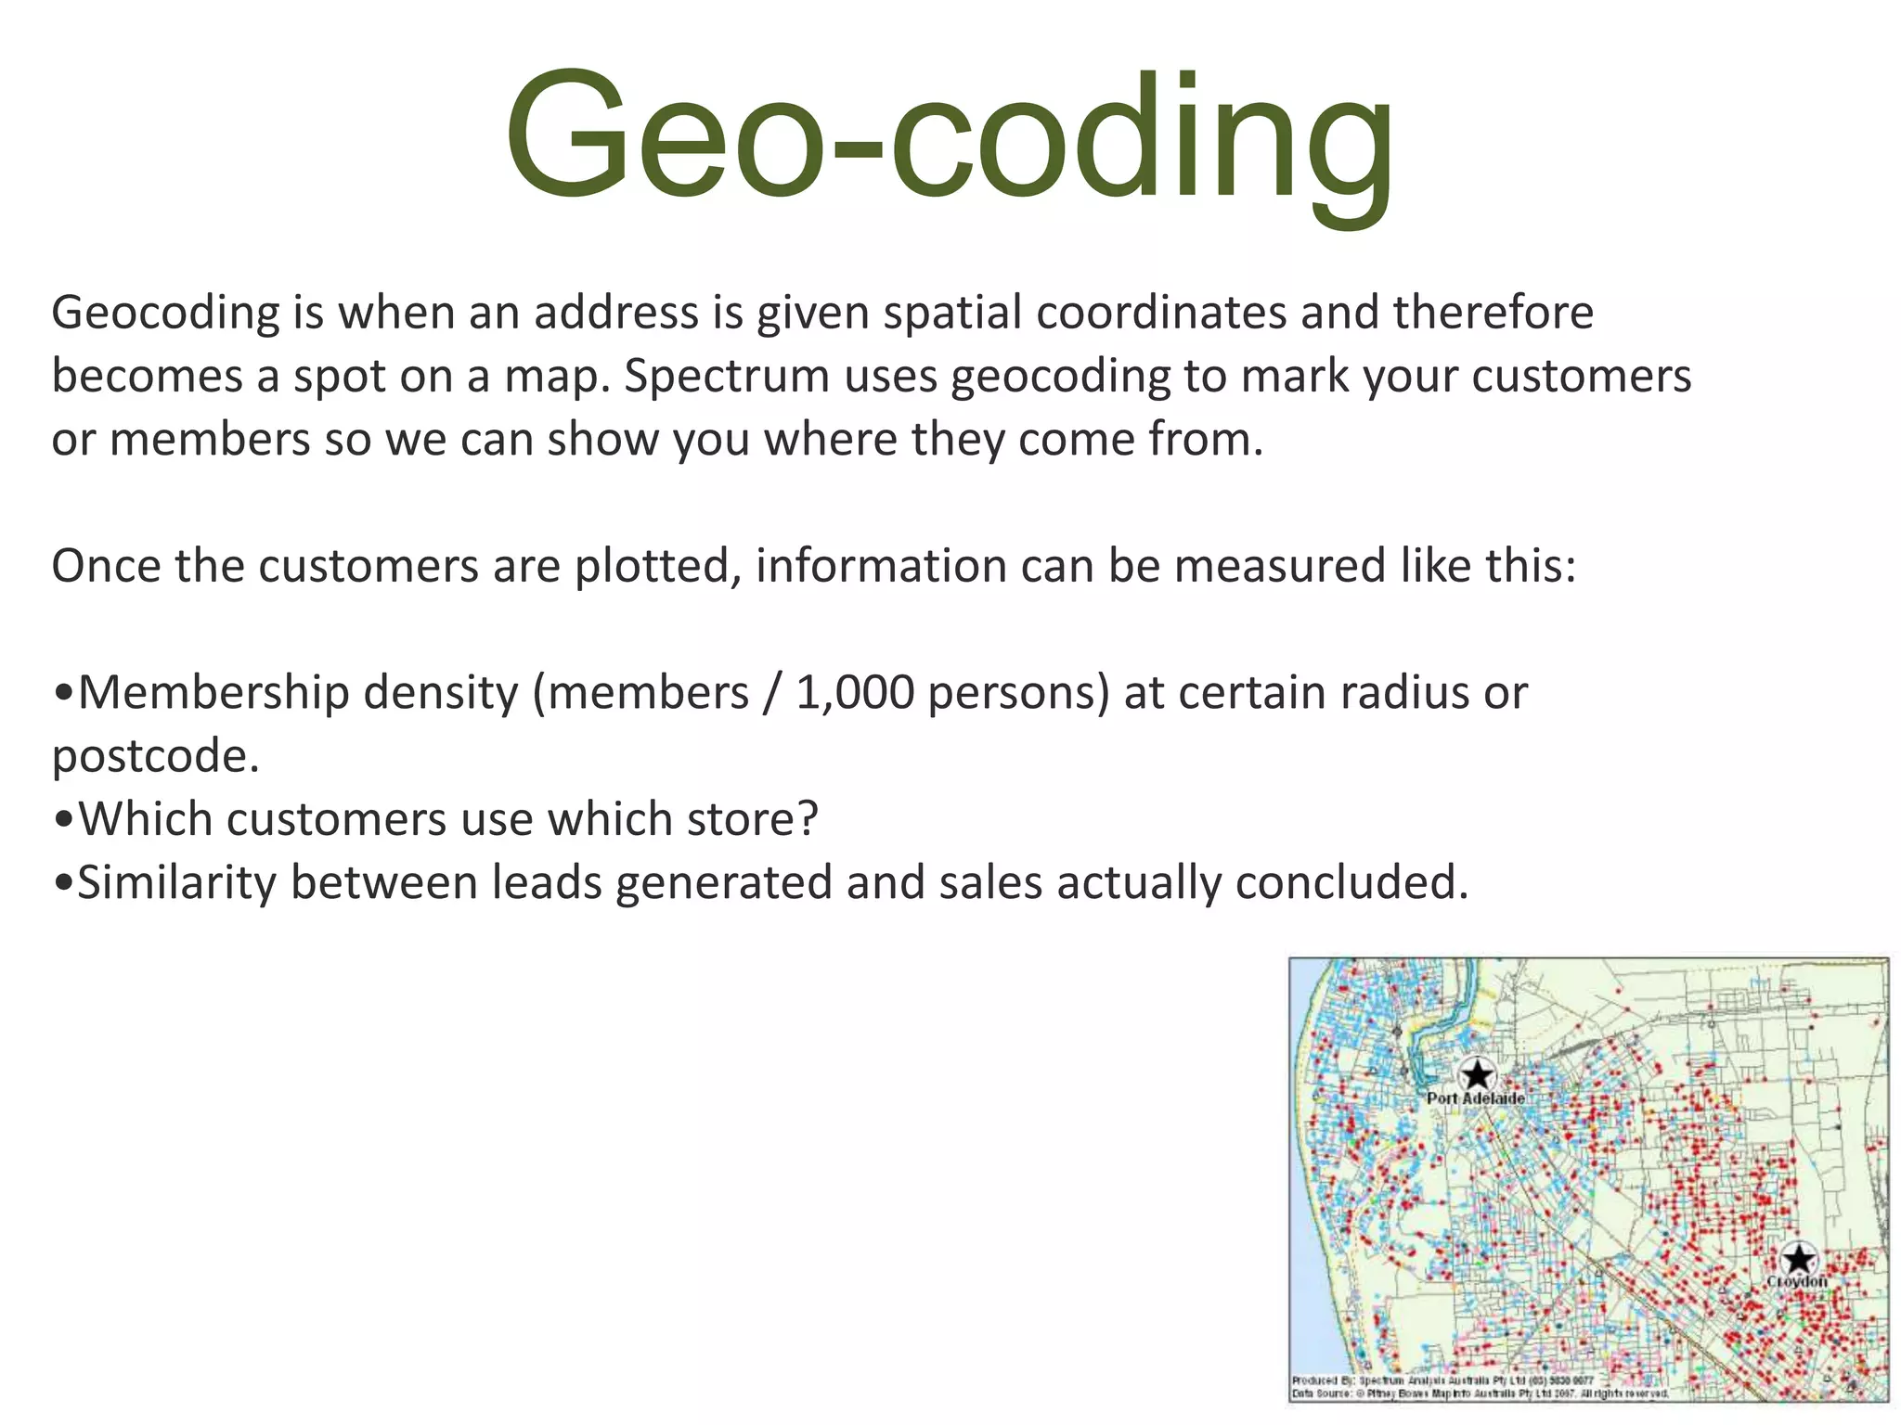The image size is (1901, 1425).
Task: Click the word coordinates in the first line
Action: coord(1160,314)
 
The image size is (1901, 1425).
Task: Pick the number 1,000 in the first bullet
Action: coord(855,693)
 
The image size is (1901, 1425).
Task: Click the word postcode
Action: coord(154,757)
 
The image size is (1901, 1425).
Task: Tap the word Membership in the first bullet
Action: coord(213,693)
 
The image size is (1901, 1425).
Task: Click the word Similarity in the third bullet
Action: coord(176,882)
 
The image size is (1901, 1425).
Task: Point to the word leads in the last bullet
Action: coord(547,882)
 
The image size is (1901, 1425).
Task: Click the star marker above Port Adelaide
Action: coord(1476,1075)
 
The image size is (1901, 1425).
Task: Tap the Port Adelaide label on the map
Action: coord(1475,1098)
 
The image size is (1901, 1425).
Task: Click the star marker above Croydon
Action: coord(1799,1259)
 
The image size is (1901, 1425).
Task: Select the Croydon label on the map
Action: coord(1797,1281)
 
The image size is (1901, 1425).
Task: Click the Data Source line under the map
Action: coord(1480,1393)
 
